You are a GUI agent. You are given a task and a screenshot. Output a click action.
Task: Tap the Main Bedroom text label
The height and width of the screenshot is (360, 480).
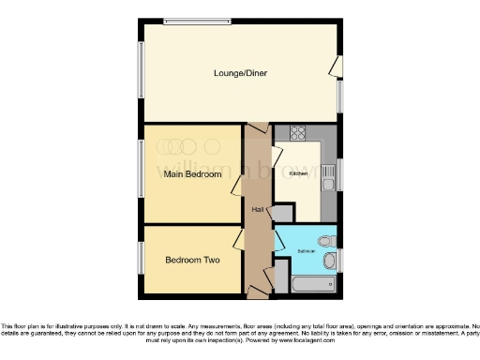192,174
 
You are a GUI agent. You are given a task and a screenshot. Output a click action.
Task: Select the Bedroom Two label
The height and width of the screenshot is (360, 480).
192,260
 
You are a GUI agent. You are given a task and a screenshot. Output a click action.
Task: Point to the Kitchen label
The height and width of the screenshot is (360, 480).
298,173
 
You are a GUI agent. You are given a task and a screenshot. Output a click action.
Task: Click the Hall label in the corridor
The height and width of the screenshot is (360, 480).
256,209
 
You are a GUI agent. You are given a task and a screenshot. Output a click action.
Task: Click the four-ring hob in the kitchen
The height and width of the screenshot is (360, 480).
298,133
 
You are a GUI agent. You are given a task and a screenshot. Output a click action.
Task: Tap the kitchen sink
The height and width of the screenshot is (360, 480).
329,172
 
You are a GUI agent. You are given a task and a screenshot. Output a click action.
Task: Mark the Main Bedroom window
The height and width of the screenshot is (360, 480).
142,174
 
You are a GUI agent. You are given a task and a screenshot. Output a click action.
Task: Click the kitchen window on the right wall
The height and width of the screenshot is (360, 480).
339,172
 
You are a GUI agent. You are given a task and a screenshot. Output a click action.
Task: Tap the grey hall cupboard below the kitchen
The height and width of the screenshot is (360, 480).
281,213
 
